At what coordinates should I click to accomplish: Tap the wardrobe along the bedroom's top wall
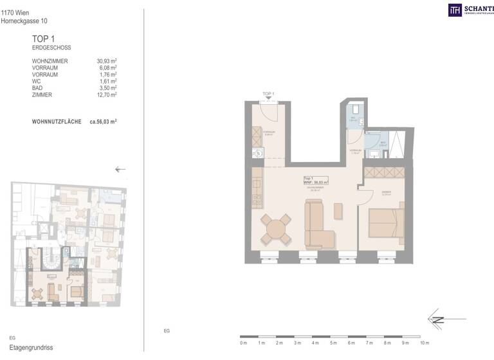click(x=384, y=172)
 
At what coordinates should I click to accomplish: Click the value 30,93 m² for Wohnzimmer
click(x=106, y=61)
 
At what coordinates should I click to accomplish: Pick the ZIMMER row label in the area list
click(x=42, y=95)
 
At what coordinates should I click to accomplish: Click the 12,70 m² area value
click(x=106, y=95)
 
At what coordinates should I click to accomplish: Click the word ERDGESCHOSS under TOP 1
click(x=51, y=48)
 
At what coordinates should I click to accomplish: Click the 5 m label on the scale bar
click(x=333, y=344)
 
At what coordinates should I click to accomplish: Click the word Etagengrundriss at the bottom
click(x=26, y=348)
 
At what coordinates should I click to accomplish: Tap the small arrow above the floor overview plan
click(x=120, y=170)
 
